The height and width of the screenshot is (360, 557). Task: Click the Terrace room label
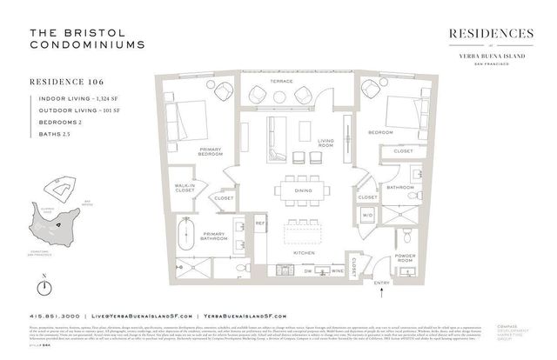pos(281,81)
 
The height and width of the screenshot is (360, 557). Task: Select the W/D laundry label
pos(367,216)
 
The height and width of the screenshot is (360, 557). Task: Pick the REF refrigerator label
pos(258,223)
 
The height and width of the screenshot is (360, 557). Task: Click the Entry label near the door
pos(380,283)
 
